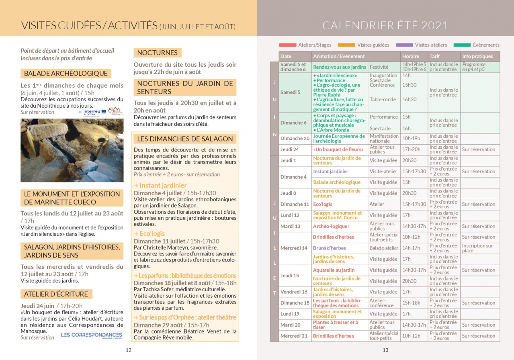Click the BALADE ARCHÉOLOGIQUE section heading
(x=66, y=74)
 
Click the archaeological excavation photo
(x=72, y=150)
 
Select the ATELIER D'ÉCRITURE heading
(x=56, y=294)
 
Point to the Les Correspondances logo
(x=91, y=335)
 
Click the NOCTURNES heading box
(x=157, y=53)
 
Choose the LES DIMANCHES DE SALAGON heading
(x=185, y=139)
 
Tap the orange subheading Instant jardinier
(x=160, y=185)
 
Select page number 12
(x=129, y=350)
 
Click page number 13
(x=385, y=350)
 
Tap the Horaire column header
(x=410, y=56)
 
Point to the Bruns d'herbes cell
(x=329, y=248)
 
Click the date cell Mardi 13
(x=290, y=226)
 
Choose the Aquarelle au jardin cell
(x=334, y=270)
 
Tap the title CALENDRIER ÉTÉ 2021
(x=385, y=26)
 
